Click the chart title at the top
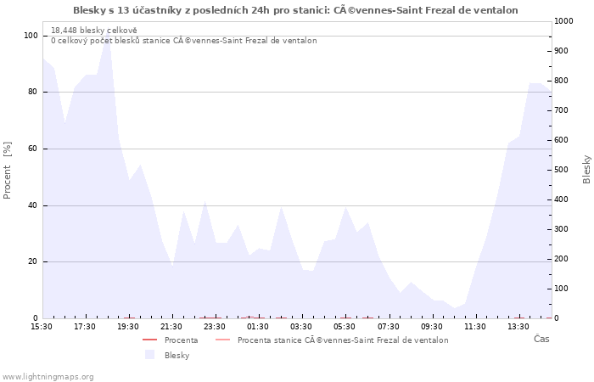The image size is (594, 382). (x=295, y=10)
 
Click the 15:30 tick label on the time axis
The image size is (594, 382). (x=42, y=326)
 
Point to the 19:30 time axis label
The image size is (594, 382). (x=128, y=326)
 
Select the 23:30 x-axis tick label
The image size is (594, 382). (x=215, y=326)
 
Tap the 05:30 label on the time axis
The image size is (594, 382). (x=345, y=326)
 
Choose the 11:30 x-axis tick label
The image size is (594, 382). (x=474, y=326)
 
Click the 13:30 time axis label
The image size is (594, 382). (x=518, y=326)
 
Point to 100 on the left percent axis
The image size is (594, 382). (x=31, y=36)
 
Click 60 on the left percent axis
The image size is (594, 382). (x=32, y=149)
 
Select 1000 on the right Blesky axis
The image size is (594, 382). (x=566, y=21)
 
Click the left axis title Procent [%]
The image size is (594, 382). (x=8, y=171)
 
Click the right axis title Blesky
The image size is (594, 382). (x=586, y=169)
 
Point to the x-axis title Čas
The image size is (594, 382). (x=541, y=339)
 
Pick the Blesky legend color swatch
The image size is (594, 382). (x=150, y=355)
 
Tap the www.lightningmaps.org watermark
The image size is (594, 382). (x=48, y=377)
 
